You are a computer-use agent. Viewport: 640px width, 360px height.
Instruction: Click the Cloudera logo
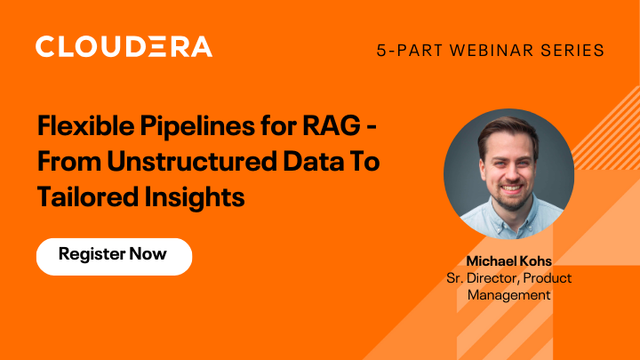tap(124, 46)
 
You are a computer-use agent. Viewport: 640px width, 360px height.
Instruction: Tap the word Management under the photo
tap(509, 294)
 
